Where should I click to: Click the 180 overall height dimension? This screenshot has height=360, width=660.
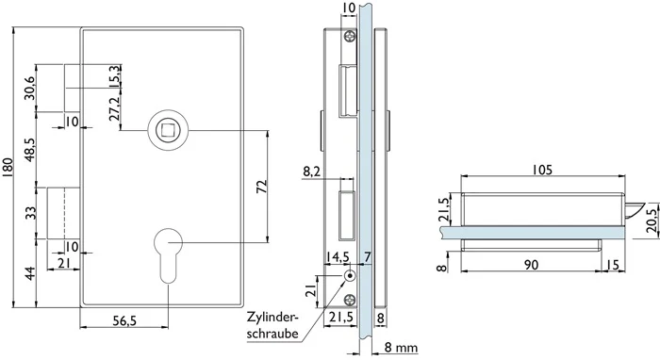[x=8, y=168]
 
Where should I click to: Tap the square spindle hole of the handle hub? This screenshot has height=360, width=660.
[x=168, y=130]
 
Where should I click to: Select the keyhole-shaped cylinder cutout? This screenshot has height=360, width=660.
[x=168, y=255]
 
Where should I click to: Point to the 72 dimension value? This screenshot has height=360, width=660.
[x=262, y=187]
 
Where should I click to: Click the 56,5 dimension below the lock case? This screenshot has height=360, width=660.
[x=124, y=320]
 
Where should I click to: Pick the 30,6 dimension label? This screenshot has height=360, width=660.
[x=29, y=88]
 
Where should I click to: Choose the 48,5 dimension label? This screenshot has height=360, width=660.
[x=29, y=149]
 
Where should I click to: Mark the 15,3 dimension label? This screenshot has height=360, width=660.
[x=114, y=76]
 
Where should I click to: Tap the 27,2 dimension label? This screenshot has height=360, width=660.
[x=114, y=108]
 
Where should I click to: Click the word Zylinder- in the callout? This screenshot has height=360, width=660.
[x=272, y=317]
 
